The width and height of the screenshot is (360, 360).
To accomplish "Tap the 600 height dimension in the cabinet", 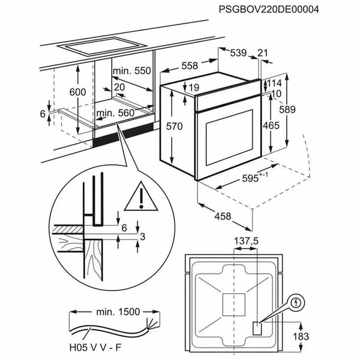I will [78, 92].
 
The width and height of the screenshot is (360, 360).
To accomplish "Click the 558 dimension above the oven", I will [189, 66].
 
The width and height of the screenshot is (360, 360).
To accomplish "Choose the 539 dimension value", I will [238, 53].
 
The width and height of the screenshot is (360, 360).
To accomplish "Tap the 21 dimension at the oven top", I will [263, 53].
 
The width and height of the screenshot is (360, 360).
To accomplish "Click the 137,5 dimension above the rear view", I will [247, 241].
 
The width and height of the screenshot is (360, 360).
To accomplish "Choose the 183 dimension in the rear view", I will [301, 337].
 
